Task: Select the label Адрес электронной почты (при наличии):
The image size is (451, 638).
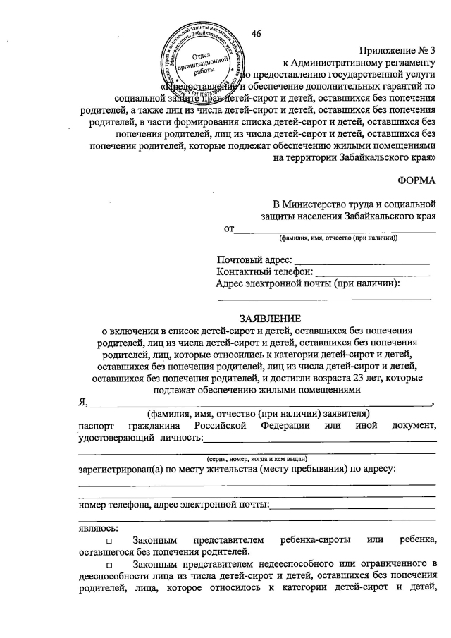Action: pos(308,284)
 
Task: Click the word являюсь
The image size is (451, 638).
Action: pos(98,527)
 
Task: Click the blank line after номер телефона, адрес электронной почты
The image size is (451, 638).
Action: pos(353,505)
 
